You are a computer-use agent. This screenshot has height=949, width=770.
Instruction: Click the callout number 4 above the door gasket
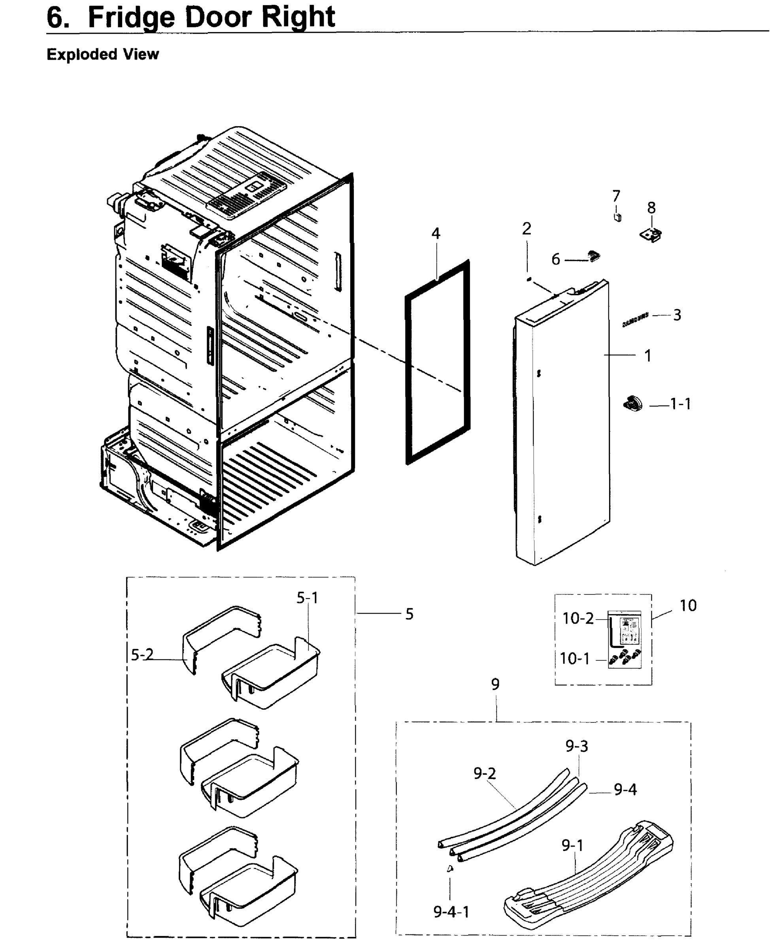tap(436, 234)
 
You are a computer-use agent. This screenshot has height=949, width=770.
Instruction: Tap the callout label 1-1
tap(680, 404)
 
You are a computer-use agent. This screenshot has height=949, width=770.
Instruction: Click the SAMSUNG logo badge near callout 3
tap(635, 319)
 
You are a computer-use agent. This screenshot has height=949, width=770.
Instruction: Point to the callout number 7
tap(616, 196)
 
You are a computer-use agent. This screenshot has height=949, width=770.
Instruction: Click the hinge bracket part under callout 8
tap(651, 234)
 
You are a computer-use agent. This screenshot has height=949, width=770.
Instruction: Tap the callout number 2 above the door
tap(527, 229)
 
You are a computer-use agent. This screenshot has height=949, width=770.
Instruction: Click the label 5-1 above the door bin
tap(308, 598)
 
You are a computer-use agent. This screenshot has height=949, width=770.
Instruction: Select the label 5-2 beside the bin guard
tap(142, 654)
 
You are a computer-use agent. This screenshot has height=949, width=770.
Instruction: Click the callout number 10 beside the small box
tap(688, 606)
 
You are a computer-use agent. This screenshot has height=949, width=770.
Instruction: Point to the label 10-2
tap(577, 618)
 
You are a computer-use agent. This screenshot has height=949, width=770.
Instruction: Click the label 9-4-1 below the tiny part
tap(451, 912)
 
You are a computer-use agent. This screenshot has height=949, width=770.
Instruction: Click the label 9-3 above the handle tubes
tap(577, 746)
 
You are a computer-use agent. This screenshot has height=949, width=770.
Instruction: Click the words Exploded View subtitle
tap(102, 54)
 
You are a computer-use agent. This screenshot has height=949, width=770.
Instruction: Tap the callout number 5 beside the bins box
tap(409, 614)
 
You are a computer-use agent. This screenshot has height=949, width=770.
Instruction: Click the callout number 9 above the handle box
tap(495, 684)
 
